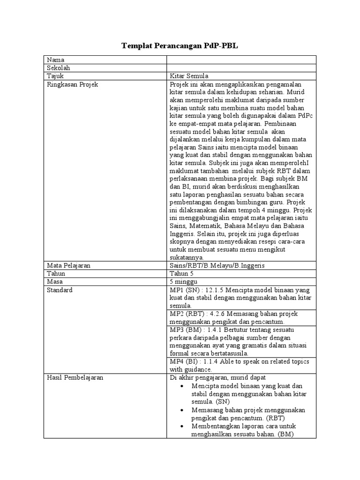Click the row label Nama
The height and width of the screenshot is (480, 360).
point(55,60)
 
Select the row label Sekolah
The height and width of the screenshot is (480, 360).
point(58,68)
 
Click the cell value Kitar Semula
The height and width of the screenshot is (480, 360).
point(189,76)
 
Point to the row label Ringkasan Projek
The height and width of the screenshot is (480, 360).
point(72,84)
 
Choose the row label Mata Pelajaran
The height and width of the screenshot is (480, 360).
point(68,266)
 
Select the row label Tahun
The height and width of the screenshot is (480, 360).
point(56,274)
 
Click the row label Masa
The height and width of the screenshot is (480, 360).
point(55,282)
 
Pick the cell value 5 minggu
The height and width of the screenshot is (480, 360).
point(183,282)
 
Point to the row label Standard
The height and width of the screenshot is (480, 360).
point(60,290)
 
